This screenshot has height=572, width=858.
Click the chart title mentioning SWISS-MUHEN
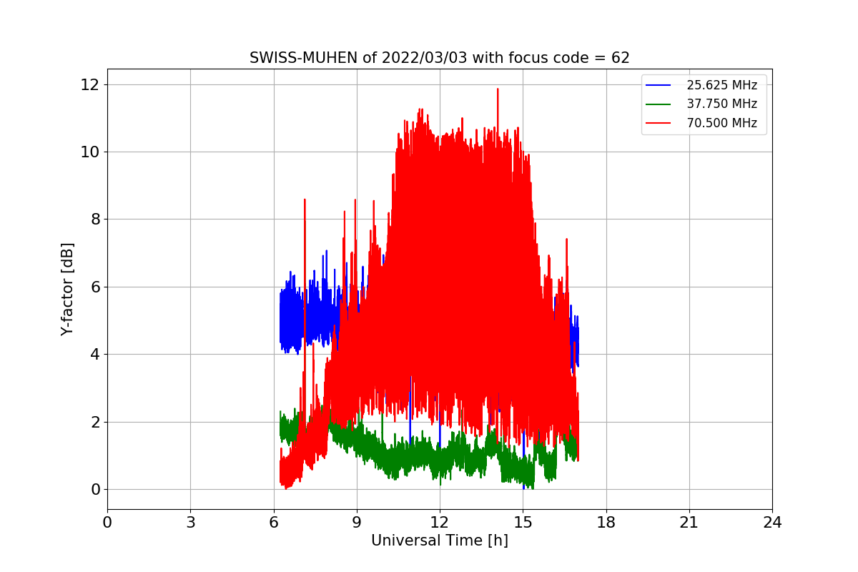point(439,58)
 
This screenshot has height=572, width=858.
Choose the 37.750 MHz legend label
point(721,104)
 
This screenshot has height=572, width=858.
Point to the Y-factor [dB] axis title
point(67,290)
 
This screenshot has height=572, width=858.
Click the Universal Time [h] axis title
point(439,541)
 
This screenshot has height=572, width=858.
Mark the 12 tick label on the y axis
point(89,84)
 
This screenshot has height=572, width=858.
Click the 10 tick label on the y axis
point(89,152)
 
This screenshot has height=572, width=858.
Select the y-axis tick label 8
point(94,220)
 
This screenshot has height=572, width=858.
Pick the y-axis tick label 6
point(94,287)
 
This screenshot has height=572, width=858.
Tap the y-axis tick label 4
point(94,355)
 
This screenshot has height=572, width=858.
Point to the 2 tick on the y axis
point(94,422)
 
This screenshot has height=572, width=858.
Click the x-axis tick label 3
point(191,522)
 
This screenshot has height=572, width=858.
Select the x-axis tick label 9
point(357,522)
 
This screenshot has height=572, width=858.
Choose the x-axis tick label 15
point(523,522)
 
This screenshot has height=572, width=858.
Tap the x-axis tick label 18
point(606,522)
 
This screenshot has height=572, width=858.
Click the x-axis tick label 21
point(689,522)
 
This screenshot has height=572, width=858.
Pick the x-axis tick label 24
point(773,522)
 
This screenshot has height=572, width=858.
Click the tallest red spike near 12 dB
point(498,89)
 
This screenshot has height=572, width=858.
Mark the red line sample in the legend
point(658,123)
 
